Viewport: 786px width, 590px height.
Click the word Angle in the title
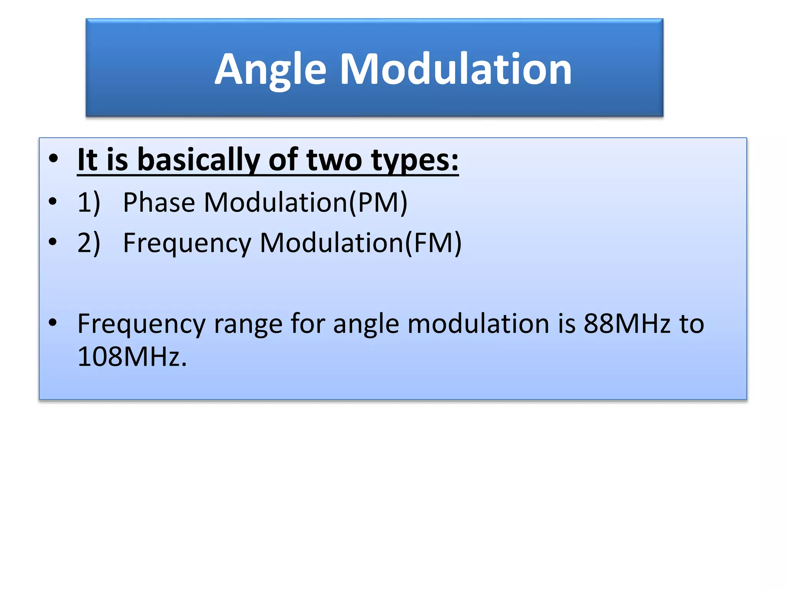(271, 70)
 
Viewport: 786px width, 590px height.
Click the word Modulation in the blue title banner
(456, 69)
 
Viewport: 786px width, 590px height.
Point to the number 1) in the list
(89, 202)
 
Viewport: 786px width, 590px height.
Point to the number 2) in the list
(89, 243)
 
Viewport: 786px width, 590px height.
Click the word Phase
(159, 202)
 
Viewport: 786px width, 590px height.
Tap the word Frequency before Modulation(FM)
(187, 244)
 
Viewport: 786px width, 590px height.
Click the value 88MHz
(627, 323)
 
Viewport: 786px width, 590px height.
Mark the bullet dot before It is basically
(53, 158)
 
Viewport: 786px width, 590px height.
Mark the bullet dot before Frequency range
(53, 323)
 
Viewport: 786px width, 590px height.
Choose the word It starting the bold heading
(88, 160)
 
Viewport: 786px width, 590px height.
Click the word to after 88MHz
(692, 323)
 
